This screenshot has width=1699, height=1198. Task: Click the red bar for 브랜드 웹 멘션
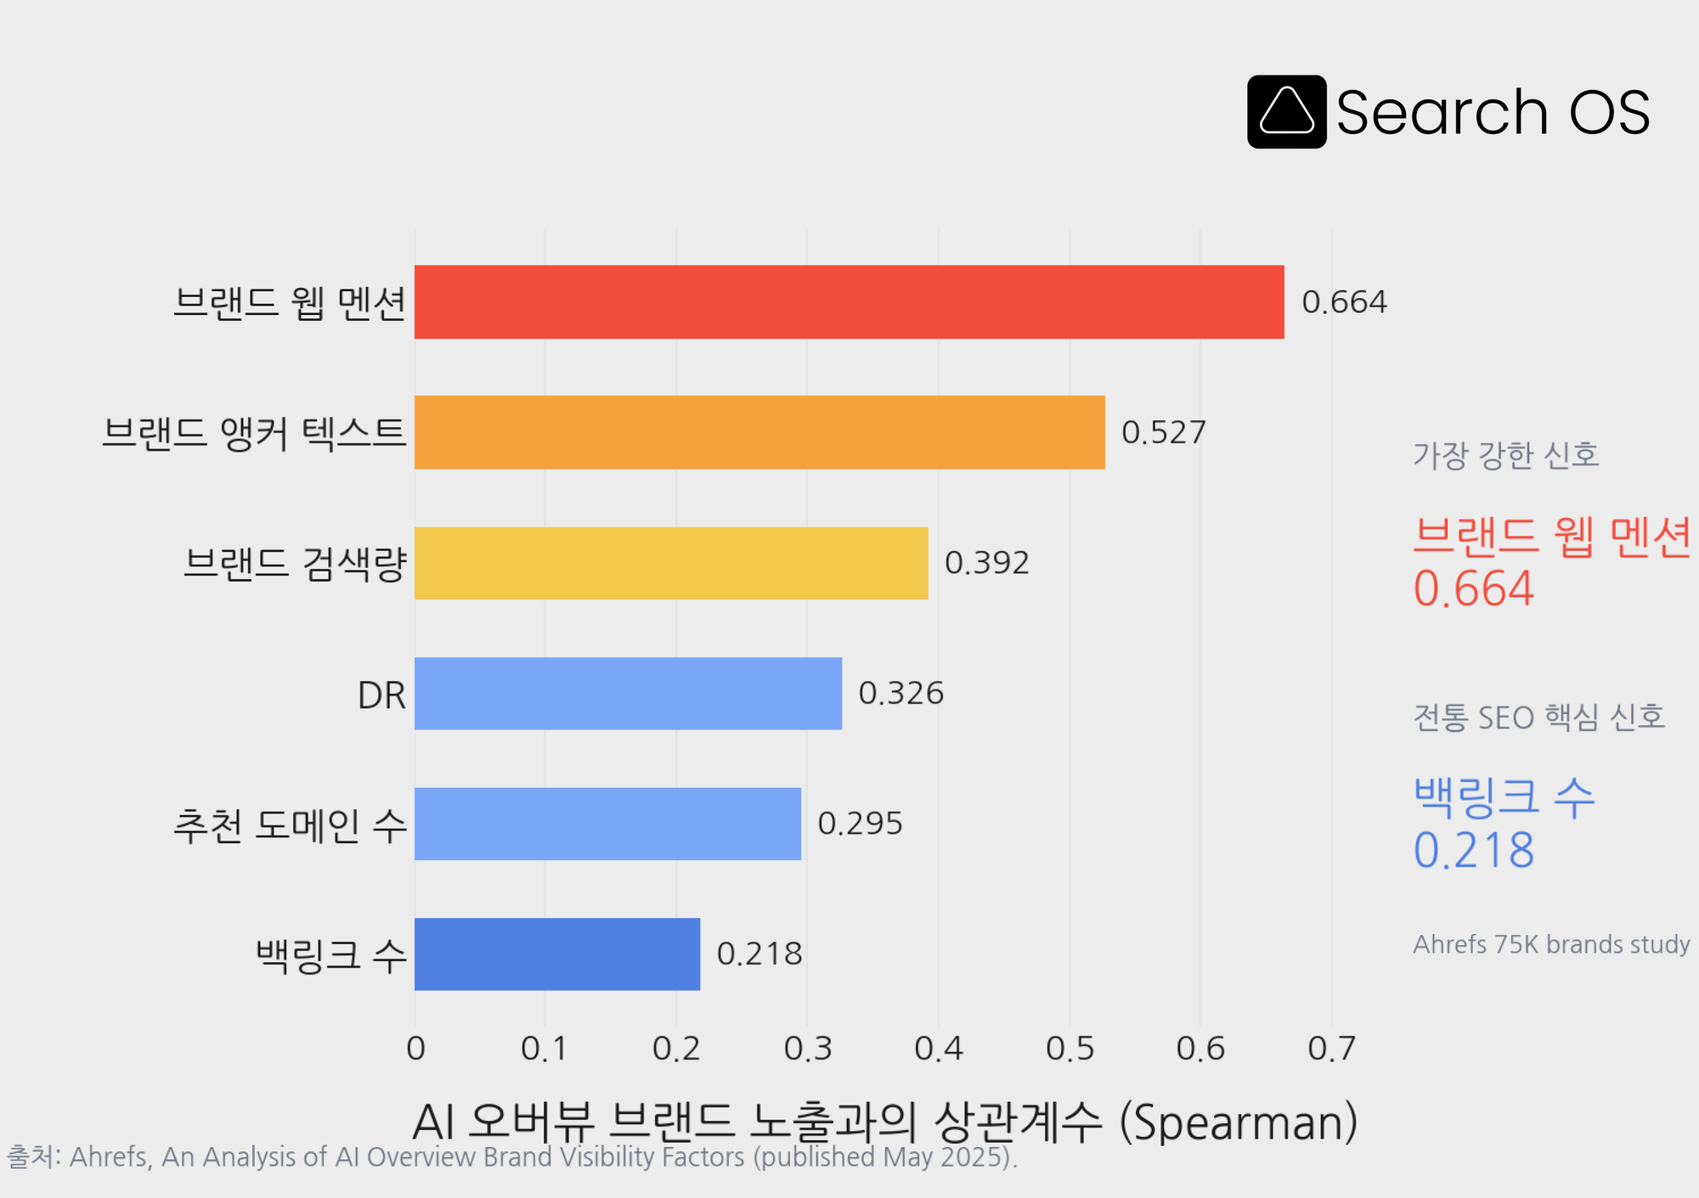pos(849,302)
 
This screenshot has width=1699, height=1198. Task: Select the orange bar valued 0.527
pos(759,432)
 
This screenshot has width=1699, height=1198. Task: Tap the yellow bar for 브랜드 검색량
pos(671,563)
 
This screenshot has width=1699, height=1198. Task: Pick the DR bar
pos(628,693)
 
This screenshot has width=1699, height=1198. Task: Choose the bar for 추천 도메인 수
pos(607,824)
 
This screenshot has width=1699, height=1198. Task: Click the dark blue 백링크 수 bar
pos(557,953)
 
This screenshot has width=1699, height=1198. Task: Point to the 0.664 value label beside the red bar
pos(1344,302)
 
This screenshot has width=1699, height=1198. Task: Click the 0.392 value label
pos(986,563)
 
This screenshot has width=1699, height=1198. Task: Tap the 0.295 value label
pos(860,824)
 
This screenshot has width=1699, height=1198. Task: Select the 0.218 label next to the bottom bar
pos(759,953)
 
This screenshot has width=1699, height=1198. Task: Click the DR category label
pos(381,695)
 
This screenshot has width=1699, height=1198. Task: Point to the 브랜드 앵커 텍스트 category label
pos(254,433)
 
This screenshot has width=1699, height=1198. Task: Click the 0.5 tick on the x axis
pos(1070,1049)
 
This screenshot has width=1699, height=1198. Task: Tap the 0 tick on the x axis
pos(415,1049)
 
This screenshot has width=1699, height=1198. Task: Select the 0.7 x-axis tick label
pos(1331,1049)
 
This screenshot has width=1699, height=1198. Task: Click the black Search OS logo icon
pos(1286,112)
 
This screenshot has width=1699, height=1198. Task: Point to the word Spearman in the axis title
pos(1239,1122)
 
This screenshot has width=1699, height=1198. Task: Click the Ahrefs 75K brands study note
pos(1551,944)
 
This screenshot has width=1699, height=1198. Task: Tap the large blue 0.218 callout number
pos(1474,850)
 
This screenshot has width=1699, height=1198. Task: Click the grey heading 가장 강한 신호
pos(1506,456)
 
